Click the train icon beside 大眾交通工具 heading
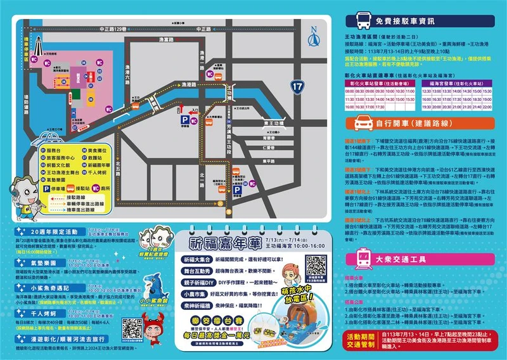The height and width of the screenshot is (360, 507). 363,257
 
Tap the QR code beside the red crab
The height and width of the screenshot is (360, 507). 131,328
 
